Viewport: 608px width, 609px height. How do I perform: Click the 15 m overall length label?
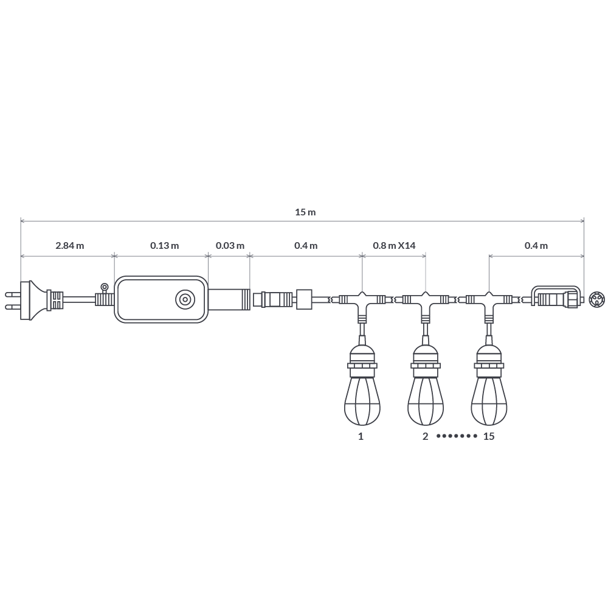[305, 212]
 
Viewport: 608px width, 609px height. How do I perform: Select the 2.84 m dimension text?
[69, 246]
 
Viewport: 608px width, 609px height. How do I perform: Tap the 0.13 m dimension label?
[164, 246]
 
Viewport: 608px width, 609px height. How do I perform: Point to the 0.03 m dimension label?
[230, 246]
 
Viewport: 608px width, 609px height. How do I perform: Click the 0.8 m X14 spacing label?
[394, 246]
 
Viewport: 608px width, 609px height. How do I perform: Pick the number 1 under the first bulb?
[361, 436]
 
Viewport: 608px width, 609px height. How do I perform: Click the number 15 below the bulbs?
[489, 436]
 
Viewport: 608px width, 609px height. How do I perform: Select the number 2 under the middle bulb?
[426, 436]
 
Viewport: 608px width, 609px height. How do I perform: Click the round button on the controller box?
[185, 300]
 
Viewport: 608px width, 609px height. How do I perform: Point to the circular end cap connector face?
[597, 299]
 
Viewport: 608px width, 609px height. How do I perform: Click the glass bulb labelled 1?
[362, 402]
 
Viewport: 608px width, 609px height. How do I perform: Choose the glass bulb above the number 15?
[489, 402]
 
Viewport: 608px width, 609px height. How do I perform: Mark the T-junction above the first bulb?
[362, 301]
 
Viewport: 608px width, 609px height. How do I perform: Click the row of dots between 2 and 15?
[457, 436]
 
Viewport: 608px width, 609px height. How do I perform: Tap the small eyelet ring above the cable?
[105, 287]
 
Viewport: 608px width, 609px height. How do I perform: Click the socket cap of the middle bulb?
[426, 356]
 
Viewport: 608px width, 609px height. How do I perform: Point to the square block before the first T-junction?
[304, 299]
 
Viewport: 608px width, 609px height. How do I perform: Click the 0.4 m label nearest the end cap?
[536, 246]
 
